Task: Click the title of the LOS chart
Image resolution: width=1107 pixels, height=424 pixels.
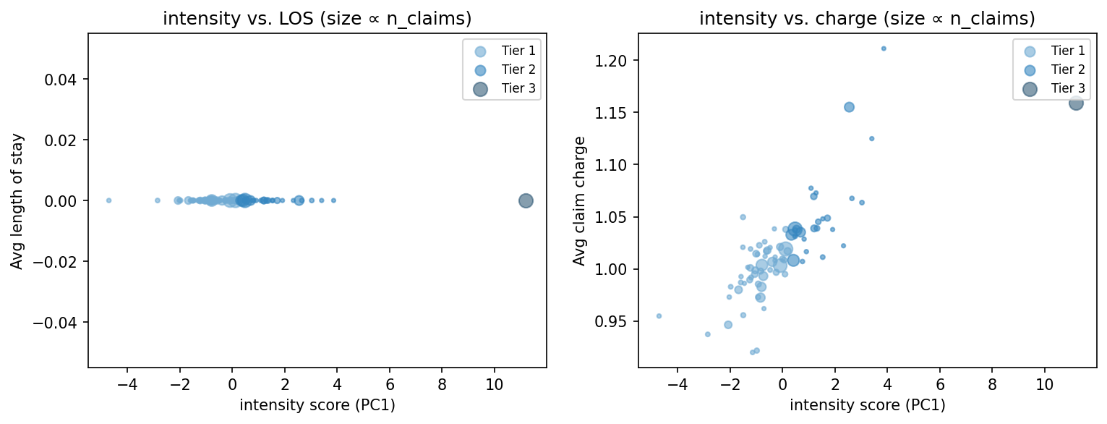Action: tap(317, 20)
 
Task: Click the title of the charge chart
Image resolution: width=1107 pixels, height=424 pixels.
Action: tap(867, 20)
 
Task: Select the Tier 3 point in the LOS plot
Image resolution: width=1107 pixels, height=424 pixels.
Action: tap(526, 200)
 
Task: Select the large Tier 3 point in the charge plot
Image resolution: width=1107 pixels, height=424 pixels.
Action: tap(1076, 103)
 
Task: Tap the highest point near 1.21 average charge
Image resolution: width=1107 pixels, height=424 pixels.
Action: tap(884, 48)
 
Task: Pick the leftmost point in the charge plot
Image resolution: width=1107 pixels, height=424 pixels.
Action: tap(659, 315)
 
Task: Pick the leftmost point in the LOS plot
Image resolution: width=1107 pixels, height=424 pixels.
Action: tap(108, 200)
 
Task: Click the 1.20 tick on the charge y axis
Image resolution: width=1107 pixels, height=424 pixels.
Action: tap(614, 60)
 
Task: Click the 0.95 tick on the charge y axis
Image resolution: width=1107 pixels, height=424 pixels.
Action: tap(614, 321)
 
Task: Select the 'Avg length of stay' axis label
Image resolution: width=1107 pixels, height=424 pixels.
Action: tap(17, 200)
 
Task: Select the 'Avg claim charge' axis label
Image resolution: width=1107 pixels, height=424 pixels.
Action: tap(578, 200)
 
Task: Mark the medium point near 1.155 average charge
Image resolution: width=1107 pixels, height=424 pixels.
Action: tap(849, 107)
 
